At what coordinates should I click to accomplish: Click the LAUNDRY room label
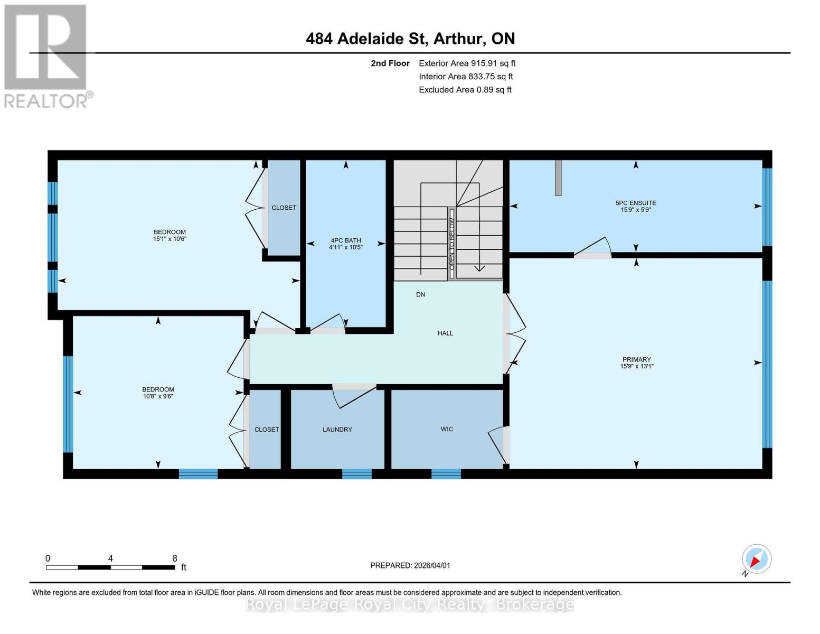coord(337,430)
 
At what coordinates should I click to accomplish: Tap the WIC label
coord(447,429)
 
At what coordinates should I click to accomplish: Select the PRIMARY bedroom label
coord(636,359)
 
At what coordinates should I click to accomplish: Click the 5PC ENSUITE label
coord(636,203)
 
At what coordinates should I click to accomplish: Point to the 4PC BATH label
coord(345,240)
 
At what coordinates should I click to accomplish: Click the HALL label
coord(445,333)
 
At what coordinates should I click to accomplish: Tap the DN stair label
coord(420,295)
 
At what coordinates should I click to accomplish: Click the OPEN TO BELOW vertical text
coord(452,244)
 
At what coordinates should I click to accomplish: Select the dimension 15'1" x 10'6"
coord(169,239)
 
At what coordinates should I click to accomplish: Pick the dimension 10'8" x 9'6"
coord(158,396)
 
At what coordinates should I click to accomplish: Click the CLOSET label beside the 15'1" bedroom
coord(284,208)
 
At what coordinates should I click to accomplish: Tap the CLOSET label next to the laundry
coord(267,430)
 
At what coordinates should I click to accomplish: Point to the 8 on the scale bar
coord(175,558)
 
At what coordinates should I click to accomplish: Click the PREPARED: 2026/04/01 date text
coord(410,565)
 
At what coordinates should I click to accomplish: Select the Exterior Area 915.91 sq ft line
coord(467,63)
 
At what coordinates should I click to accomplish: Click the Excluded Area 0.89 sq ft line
coord(465,90)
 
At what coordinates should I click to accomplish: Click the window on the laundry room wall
coord(357,474)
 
